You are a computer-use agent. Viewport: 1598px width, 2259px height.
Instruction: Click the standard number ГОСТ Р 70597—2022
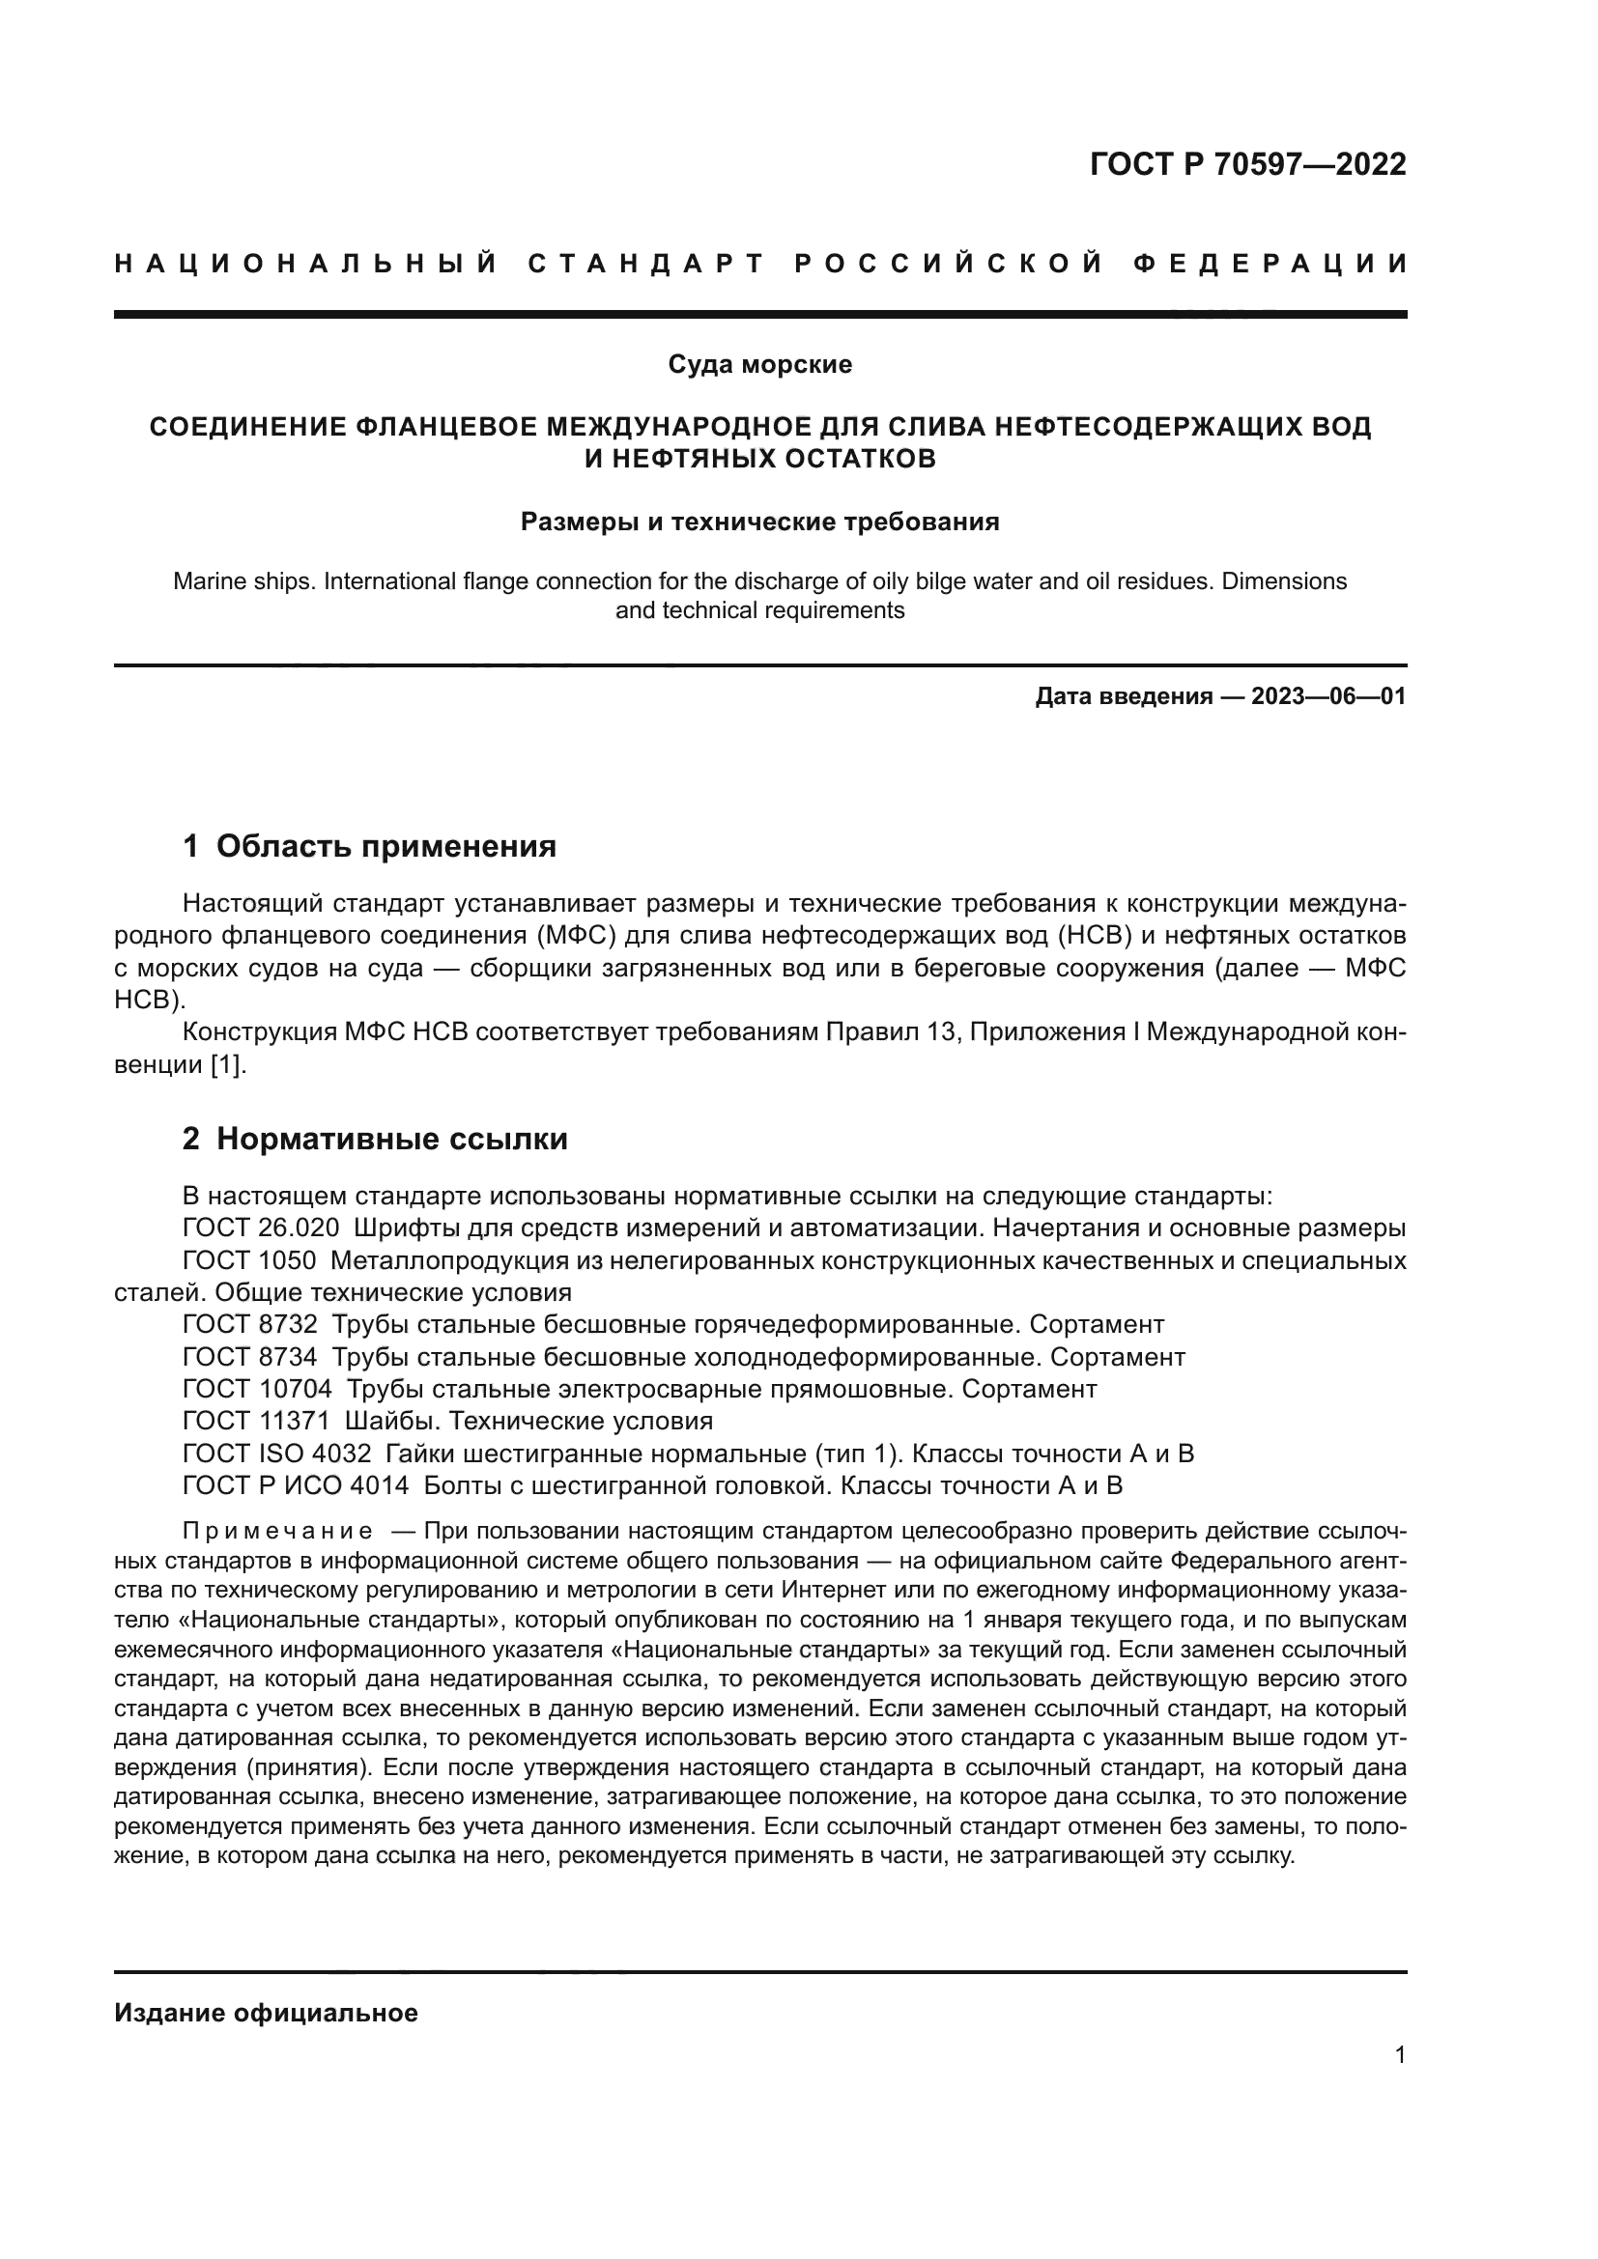tap(1247, 164)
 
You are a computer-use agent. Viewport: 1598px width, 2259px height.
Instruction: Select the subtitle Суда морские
tap(759, 364)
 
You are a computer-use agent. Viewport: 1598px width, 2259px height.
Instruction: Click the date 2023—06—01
tap(1327, 696)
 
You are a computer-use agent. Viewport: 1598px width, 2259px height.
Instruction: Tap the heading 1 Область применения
tap(370, 845)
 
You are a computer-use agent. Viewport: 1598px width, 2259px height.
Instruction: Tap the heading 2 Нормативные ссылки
tap(375, 1139)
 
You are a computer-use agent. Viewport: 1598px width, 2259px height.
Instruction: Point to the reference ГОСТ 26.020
tap(261, 1228)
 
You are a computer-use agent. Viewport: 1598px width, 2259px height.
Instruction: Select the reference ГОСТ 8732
tap(250, 1324)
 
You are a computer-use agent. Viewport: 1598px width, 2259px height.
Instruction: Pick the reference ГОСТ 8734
tap(250, 1357)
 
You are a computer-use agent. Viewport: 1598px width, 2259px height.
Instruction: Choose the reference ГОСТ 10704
tap(257, 1389)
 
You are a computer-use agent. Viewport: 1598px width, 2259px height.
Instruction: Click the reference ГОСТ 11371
tap(256, 1421)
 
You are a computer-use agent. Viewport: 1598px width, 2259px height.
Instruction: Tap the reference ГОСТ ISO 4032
tap(276, 1454)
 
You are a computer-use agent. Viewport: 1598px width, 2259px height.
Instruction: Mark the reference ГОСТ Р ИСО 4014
tap(296, 1485)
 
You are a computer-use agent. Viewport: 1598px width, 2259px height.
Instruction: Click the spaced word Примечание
tap(277, 1531)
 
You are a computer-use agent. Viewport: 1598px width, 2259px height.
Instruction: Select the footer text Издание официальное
tap(266, 2013)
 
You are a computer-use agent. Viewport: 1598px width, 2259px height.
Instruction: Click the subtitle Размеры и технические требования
tap(759, 522)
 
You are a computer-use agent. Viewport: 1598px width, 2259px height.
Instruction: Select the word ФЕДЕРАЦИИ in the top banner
tap(1270, 264)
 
